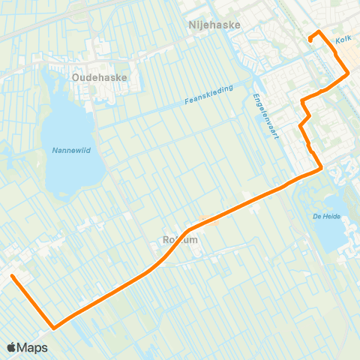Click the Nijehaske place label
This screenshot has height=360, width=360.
pos(214,25)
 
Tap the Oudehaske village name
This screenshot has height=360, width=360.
pos(100,76)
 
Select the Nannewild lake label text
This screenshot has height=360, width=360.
pos(71,150)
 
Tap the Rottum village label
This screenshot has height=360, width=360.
pos(178,240)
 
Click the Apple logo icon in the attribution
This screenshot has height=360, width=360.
pos(13,347)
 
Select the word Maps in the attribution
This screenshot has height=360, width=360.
pos(34,347)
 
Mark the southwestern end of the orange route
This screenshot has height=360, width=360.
pos(12,277)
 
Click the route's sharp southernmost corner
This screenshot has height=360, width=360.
pos(53,327)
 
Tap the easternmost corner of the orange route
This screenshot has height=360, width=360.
pos(348,74)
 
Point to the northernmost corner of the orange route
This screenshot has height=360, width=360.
pos(319,31)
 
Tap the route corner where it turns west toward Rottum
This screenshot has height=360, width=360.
pos(321,168)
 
